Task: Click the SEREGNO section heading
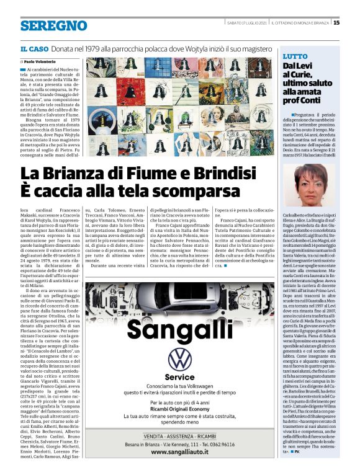tap(53, 25)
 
